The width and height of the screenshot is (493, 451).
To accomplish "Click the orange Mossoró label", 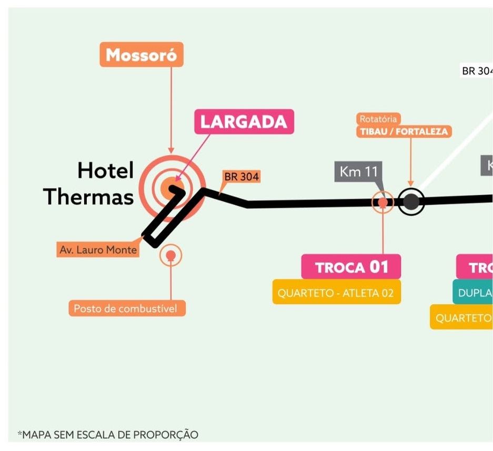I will (x=142, y=55).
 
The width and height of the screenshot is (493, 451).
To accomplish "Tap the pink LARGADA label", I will (x=244, y=122).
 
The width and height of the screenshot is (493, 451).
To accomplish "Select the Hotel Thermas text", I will (x=89, y=184).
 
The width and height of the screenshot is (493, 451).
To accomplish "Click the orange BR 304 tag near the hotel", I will (x=242, y=177).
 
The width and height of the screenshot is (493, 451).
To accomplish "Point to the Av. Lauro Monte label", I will (x=98, y=250).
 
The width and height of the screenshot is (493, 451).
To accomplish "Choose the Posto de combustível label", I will (x=127, y=308).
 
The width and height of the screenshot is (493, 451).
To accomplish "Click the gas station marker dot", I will (x=170, y=255).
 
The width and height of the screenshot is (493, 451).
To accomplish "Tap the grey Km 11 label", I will (x=358, y=172).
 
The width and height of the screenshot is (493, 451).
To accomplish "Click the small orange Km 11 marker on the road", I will (x=383, y=202).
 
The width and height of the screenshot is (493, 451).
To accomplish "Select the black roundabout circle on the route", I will (x=411, y=202).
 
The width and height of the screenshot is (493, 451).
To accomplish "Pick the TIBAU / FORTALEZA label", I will (x=404, y=132).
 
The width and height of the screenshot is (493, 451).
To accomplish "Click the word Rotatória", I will (x=378, y=119).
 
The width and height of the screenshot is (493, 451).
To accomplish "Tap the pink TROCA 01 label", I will (x=351, y=267).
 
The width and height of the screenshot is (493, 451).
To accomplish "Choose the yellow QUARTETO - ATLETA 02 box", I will (x=336, y=293).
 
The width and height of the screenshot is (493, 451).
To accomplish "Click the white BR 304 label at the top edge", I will (x=477, y=71).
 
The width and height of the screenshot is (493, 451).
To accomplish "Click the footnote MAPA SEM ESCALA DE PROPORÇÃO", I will (x=108, y=435).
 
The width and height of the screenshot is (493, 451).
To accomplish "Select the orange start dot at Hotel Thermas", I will (x=169, y=187).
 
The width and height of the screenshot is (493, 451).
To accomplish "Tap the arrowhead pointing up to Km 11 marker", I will (x=383, y=207).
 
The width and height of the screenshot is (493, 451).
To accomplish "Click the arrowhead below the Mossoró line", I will (x=170, y=150).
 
